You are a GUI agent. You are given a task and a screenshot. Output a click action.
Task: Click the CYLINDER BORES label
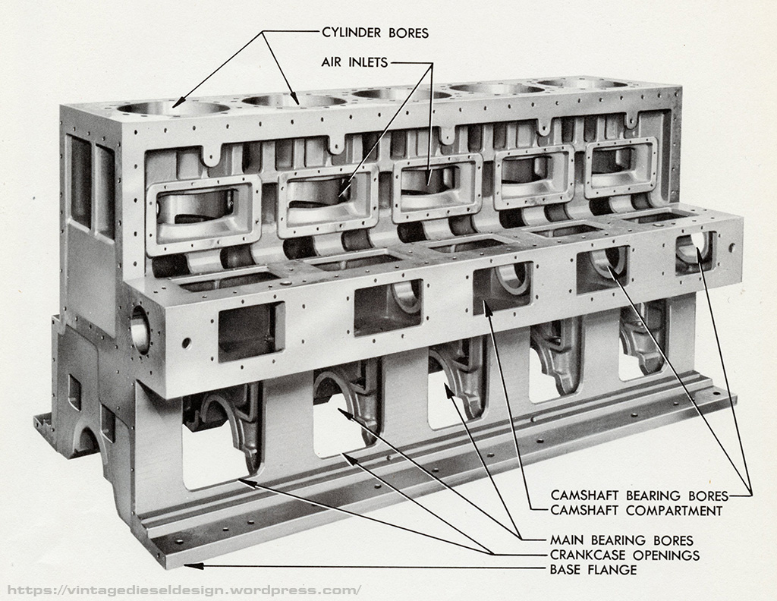coord(375,33)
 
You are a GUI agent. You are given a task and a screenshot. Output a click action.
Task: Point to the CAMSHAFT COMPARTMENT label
coord(636,511)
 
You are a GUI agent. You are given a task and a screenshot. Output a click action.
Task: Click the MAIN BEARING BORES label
coord(621,540)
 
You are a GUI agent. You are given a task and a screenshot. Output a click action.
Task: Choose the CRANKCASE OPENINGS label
coord(624,555)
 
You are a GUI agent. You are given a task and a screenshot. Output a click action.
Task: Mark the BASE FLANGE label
coord(593,570)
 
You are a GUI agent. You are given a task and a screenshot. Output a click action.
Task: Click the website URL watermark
coord(182,590)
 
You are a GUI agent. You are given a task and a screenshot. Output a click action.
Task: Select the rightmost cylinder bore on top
coord(584,83)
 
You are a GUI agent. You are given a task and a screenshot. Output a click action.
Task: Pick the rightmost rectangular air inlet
coord(620,165)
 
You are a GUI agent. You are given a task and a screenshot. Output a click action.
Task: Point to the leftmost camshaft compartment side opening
coord(251,331)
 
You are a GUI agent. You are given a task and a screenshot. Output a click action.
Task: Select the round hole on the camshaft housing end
coord(140,330)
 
